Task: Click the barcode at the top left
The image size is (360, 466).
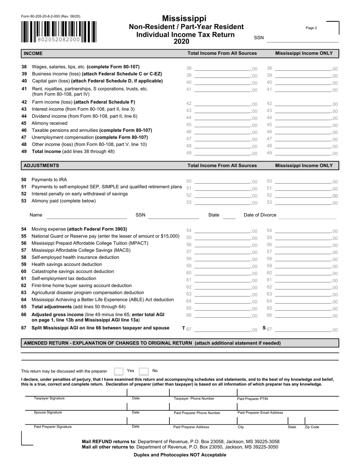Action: point(59,31)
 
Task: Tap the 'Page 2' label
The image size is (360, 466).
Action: point(311,28)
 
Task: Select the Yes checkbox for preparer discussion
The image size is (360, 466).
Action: point(119,371)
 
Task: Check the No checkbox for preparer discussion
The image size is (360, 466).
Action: point(144,371)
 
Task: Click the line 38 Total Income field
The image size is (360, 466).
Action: point(222,69)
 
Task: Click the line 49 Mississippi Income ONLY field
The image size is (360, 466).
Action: point(303,153)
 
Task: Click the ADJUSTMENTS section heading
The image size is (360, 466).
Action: point(41,166)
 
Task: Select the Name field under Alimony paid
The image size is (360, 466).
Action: point(86,216)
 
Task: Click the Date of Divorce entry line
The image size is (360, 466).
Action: point(307,216)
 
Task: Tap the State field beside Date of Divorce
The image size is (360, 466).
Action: point(229,216)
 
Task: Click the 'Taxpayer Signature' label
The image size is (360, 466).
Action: point(49,399)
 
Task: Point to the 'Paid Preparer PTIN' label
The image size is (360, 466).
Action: point(252,399)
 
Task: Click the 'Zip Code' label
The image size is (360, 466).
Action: point(312,427)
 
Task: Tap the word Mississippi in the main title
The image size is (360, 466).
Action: point(184,19)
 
